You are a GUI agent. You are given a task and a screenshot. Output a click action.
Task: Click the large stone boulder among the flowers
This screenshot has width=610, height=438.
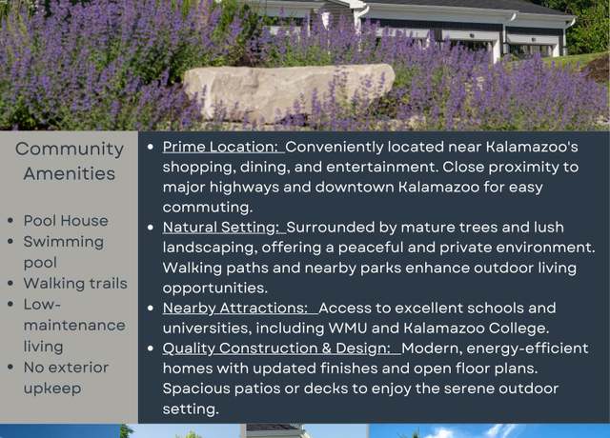[x=289, y=92]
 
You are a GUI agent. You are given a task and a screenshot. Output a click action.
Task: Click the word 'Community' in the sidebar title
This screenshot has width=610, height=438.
[x=70, y=149]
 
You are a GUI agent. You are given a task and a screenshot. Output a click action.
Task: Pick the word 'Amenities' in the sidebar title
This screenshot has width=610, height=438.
[x=70, y=173]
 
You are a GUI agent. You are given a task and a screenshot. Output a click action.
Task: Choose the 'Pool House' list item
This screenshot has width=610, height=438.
[x=66, y=221]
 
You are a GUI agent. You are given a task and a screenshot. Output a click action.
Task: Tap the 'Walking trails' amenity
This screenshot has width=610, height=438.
[x=75, y=284]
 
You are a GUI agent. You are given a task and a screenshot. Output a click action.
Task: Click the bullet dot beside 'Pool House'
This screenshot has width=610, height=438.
[x=10, y=221]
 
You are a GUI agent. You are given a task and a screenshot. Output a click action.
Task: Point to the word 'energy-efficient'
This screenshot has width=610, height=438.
[x=527, y=348]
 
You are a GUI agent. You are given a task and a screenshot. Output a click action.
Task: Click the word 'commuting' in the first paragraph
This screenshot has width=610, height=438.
[x=206, y=208]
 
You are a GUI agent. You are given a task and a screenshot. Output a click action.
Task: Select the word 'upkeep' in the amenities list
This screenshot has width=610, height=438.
[x=52, y=388]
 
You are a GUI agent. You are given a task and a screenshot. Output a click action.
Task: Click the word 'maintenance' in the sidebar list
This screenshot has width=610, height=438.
[x=74, y=326]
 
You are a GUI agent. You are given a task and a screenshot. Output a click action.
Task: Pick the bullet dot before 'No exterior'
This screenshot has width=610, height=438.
[x=10, y=368]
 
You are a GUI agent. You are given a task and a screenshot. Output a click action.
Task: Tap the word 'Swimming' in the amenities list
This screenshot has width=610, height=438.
[x=64, y=243]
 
